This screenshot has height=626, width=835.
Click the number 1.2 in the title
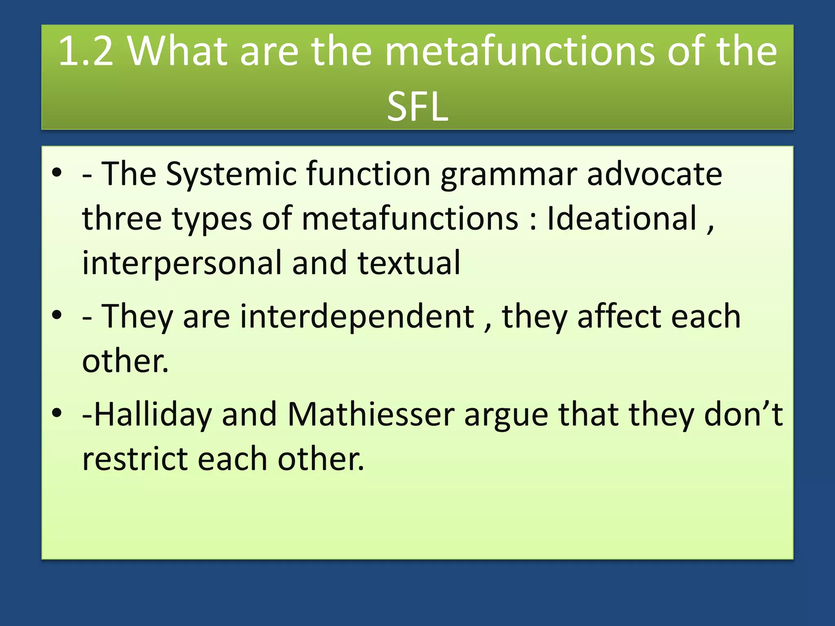click(x=86, y=51)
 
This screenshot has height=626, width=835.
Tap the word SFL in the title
click(x=417, y=107)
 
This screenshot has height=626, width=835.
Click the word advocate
click(x=654, y=174)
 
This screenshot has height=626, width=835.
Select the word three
click(x=122, y=219)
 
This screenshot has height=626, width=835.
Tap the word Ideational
click(x=622, y=219)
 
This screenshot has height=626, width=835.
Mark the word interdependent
click(x=357, y=317)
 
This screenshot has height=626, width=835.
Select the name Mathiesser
click(x=371, y=415)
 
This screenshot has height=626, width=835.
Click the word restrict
click(x=135, y=459)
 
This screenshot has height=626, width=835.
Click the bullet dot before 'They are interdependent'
click(x=57, y=315)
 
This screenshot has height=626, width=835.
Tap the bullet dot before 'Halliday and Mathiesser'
click(x=57, y=413)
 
